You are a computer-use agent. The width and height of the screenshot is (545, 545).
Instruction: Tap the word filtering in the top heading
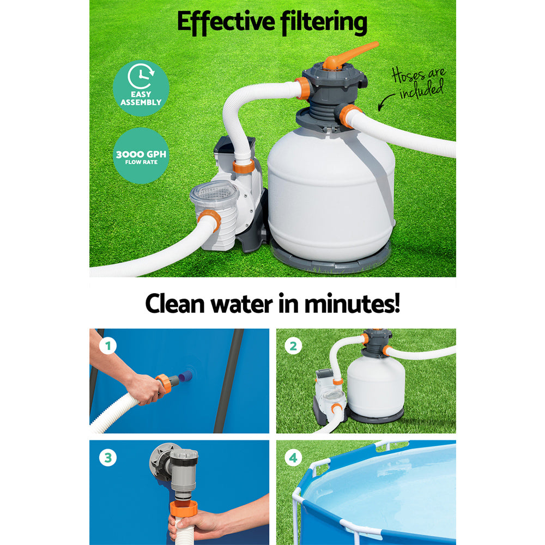(324, 23)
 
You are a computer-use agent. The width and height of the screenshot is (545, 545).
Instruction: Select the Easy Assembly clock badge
(141, 87)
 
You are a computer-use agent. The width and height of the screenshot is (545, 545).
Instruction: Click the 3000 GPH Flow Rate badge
(141, 155)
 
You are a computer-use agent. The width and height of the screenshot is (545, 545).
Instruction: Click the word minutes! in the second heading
(352, 304)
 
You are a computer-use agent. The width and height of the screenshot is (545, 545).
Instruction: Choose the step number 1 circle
(108, 346)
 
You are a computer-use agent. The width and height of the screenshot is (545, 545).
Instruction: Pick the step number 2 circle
(294, 346)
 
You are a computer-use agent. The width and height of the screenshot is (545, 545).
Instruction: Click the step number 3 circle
(108, 458)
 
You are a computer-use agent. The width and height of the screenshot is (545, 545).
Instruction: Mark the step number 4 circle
(294, 458)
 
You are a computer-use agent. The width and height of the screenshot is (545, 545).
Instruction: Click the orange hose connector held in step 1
(163, 383)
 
